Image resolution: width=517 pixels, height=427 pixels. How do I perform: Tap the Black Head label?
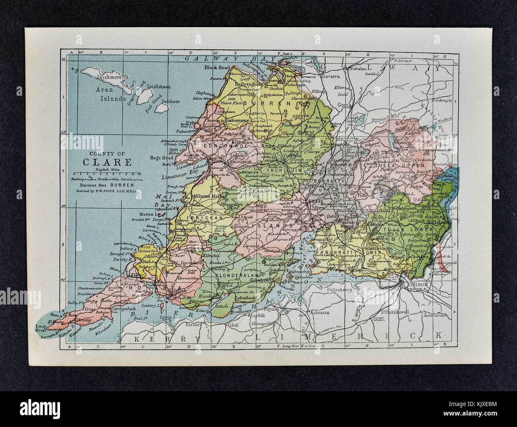pyautogui.click(x=215, y=68)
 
